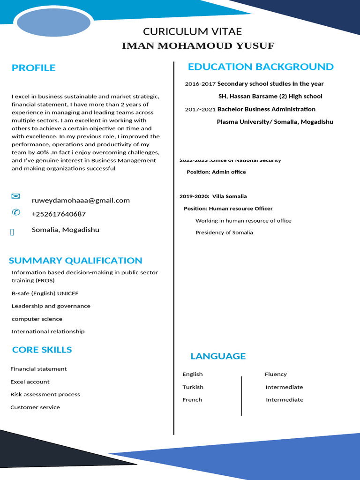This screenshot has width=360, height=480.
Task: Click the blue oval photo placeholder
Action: [52, 22]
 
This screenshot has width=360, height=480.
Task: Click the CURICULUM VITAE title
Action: [192, 32]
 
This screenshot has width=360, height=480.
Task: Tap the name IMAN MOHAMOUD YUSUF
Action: [198, 46]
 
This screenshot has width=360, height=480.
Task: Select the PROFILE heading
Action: [34, 68]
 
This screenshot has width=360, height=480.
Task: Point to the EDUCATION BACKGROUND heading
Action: [261, 67]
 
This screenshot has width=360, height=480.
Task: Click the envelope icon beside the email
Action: [16, 196]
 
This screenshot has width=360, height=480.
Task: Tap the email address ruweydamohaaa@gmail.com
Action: [81, 201]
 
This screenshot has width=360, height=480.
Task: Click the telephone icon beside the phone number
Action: [16, 213]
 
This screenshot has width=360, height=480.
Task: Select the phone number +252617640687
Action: [59, 214]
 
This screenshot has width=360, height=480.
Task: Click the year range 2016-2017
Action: [200, 84]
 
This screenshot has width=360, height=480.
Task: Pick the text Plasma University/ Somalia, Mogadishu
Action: [275, 122]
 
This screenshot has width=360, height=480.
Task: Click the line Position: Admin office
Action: [216, 172]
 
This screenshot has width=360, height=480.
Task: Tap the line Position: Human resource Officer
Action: [228, 209]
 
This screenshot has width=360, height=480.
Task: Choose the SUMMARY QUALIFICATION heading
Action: [75, 261]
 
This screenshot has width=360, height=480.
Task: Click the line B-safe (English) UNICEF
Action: [45, 293]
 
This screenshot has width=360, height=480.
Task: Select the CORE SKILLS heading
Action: [42, 350]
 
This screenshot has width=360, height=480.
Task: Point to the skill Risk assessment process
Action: [45, 395]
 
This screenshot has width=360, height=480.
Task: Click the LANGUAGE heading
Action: [218, 356]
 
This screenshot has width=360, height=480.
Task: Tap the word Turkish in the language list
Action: [193, 387]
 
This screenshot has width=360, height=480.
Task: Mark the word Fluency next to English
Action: [276, 374]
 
